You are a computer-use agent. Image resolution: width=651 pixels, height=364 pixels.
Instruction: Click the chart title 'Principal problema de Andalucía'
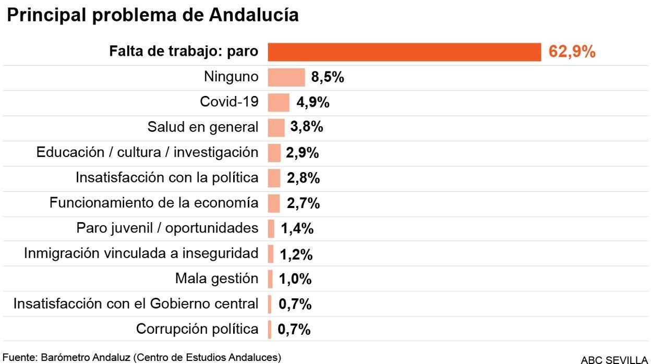[x=152, y=15]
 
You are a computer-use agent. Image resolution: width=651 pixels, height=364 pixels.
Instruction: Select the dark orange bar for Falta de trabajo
[x=404, y=52]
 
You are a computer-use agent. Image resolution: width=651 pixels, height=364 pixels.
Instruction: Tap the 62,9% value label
[x=572, y=52]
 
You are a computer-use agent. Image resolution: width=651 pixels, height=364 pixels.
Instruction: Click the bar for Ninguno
[x=286, y=77]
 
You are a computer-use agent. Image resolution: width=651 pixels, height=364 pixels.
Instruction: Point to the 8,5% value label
[x=328, y=78]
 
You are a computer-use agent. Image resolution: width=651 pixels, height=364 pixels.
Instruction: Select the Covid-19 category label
[x=229, y=102]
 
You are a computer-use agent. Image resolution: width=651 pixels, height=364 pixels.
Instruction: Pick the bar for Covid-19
[x=279, y=103]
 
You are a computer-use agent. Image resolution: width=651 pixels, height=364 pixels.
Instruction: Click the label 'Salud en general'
[x=203, y=127]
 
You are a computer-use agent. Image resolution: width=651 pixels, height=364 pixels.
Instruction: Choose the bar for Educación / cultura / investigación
[x=274, y=153]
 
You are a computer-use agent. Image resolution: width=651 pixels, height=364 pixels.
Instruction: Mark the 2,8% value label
[x=303, y=178]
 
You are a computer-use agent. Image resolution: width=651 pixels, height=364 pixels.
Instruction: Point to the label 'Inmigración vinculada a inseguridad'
[x=141, y=253]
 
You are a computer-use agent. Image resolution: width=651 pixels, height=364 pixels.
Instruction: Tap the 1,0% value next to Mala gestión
[x=295, y=280]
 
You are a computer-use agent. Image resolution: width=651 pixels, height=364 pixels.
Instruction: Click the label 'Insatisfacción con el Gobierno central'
[x=136, y=304]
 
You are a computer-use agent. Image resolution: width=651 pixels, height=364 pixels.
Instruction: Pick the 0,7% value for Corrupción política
[x=294, y=330]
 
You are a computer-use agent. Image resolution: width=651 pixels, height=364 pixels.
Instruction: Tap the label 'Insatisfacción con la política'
[x=167, y=178]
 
